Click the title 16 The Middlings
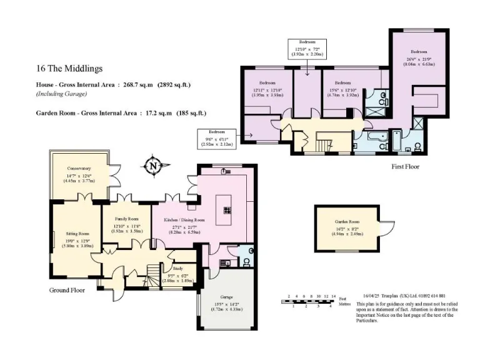click(69, 69)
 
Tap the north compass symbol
click(152, 166)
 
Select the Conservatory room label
click(79, 168)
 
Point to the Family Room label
click(126, 219)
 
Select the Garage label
click(226, 297)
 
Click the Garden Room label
click(346, 222)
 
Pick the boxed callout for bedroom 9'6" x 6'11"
click(216, 137)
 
